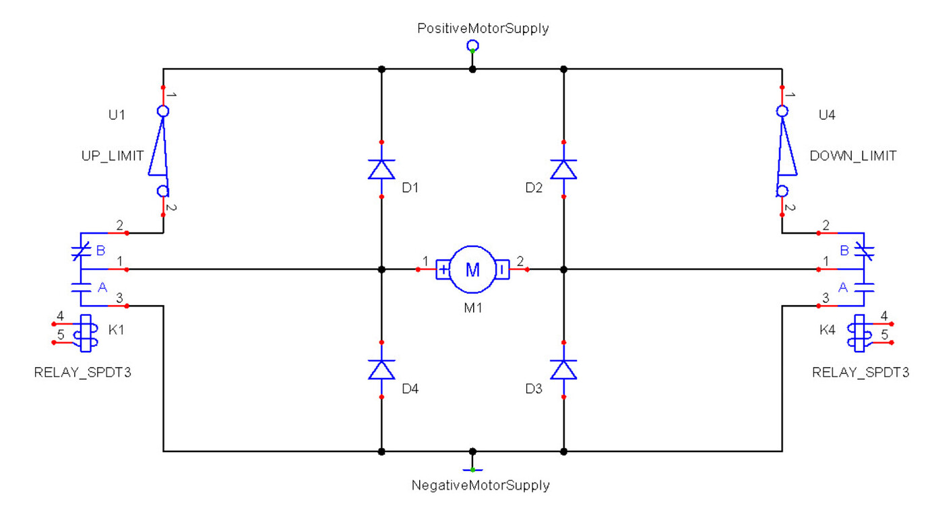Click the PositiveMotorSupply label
tap(483, 28)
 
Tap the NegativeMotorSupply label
tap(480, 485)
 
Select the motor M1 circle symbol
tap(472, 269)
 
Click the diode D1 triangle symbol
tap(381, 169)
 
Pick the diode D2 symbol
tap(563, 169)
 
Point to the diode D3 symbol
tap(563, 370)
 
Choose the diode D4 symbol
tap(381, 370)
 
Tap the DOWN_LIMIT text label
tap(852, 156)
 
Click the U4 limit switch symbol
tap(784, 151)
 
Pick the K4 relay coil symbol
tap(859, 333)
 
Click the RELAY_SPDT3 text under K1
tap(82, 373)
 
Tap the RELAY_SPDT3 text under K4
tap(861, 373)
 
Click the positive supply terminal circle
tap(472, 45)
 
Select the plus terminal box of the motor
tap(443, 269)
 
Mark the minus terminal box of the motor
tap(502, 269)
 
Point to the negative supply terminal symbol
tap(472, 467)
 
